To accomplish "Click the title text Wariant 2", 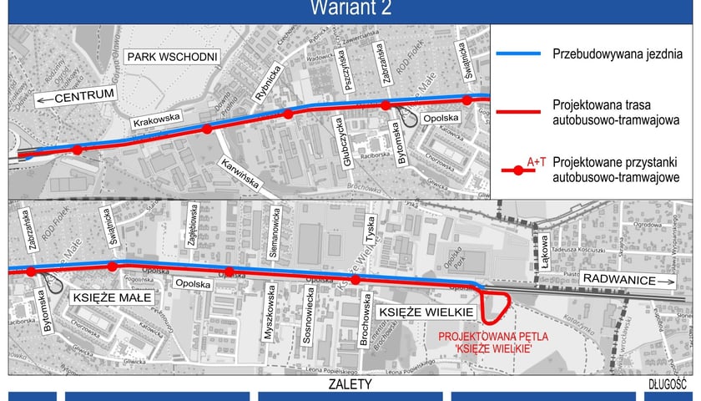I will pos(350,9).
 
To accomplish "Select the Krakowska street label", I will pos(156,122).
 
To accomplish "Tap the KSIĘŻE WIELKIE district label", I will pos(426,312).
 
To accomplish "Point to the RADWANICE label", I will pos(619,280).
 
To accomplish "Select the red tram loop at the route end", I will pos(497,307).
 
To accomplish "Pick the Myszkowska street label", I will pos(270,314).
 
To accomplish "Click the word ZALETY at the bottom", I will pos(350,384).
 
